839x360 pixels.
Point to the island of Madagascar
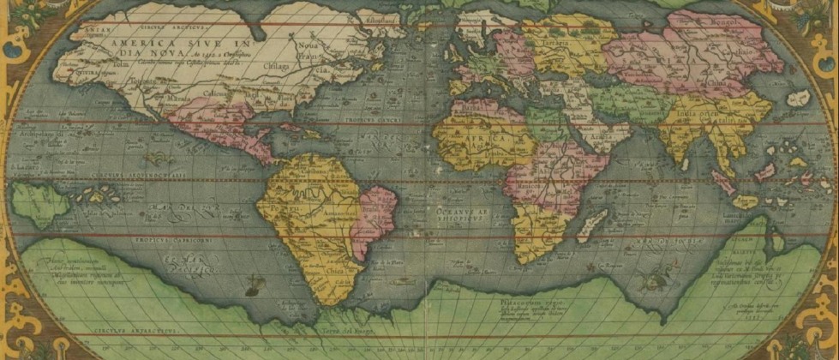pyautogui.click(x=589, y=225)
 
